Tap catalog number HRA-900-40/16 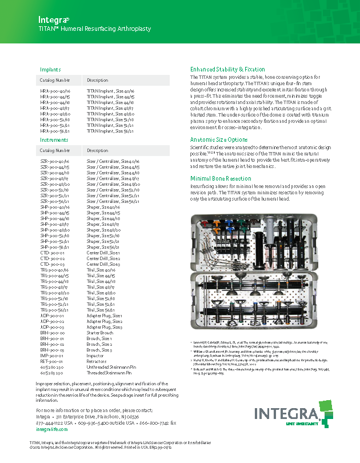tap(55, 91)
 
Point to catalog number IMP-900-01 tap(52, 355)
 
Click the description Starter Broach tap(101, 332)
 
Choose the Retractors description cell tap(97, 361)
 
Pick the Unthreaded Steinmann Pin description tap(111, 366)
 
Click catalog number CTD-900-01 tap(52, 252)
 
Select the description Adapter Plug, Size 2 tap(105, 321)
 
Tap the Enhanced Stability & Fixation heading tap(227, 69)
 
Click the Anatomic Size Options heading tap(218, 139)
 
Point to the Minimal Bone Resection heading tap(222, 178)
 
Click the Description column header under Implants tap(97, 80)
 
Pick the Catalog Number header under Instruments tap(55, 150)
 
